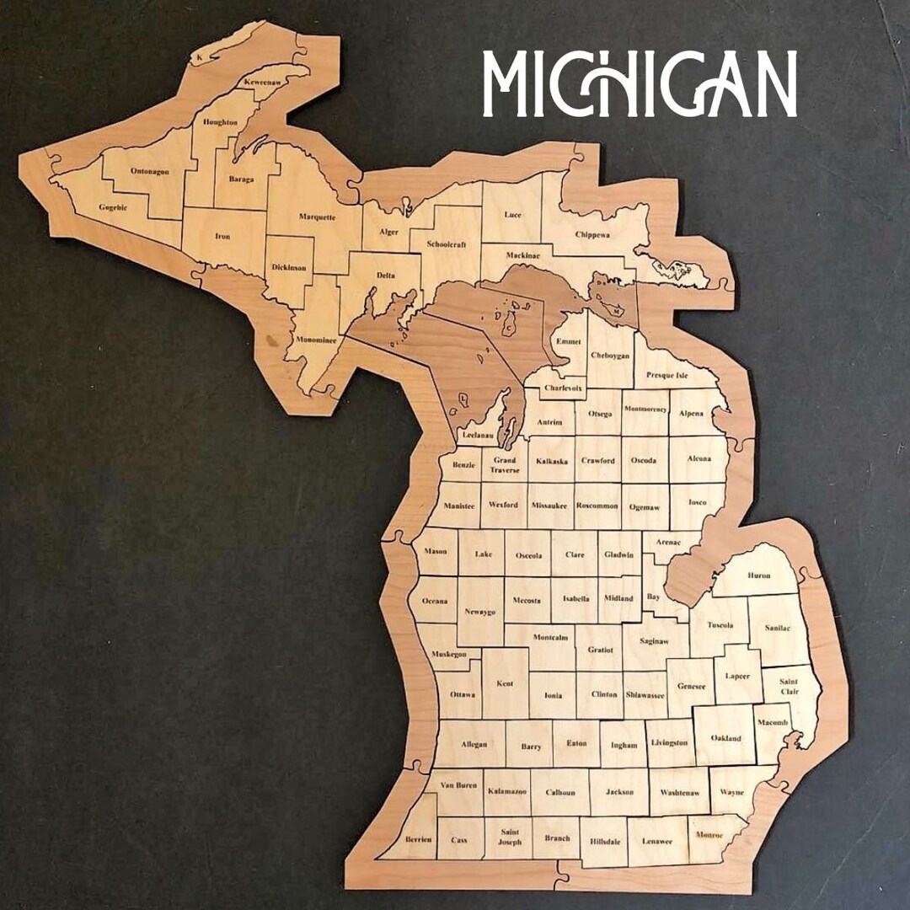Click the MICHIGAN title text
(640, 83)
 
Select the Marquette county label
(317, 217)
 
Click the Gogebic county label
(113, 207)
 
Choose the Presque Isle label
(667, 375)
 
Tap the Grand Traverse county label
(505, 465)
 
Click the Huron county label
(758, 575)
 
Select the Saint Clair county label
(789, 686)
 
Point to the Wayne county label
(732, 792)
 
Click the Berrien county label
(418, 839)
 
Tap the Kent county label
(505, 683)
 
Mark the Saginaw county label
(653, 641)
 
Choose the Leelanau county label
(477, 436)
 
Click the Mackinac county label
(528, 255)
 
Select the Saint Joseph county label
(509, 836)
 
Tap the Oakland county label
(725, 738)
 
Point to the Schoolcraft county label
(445, 244)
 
